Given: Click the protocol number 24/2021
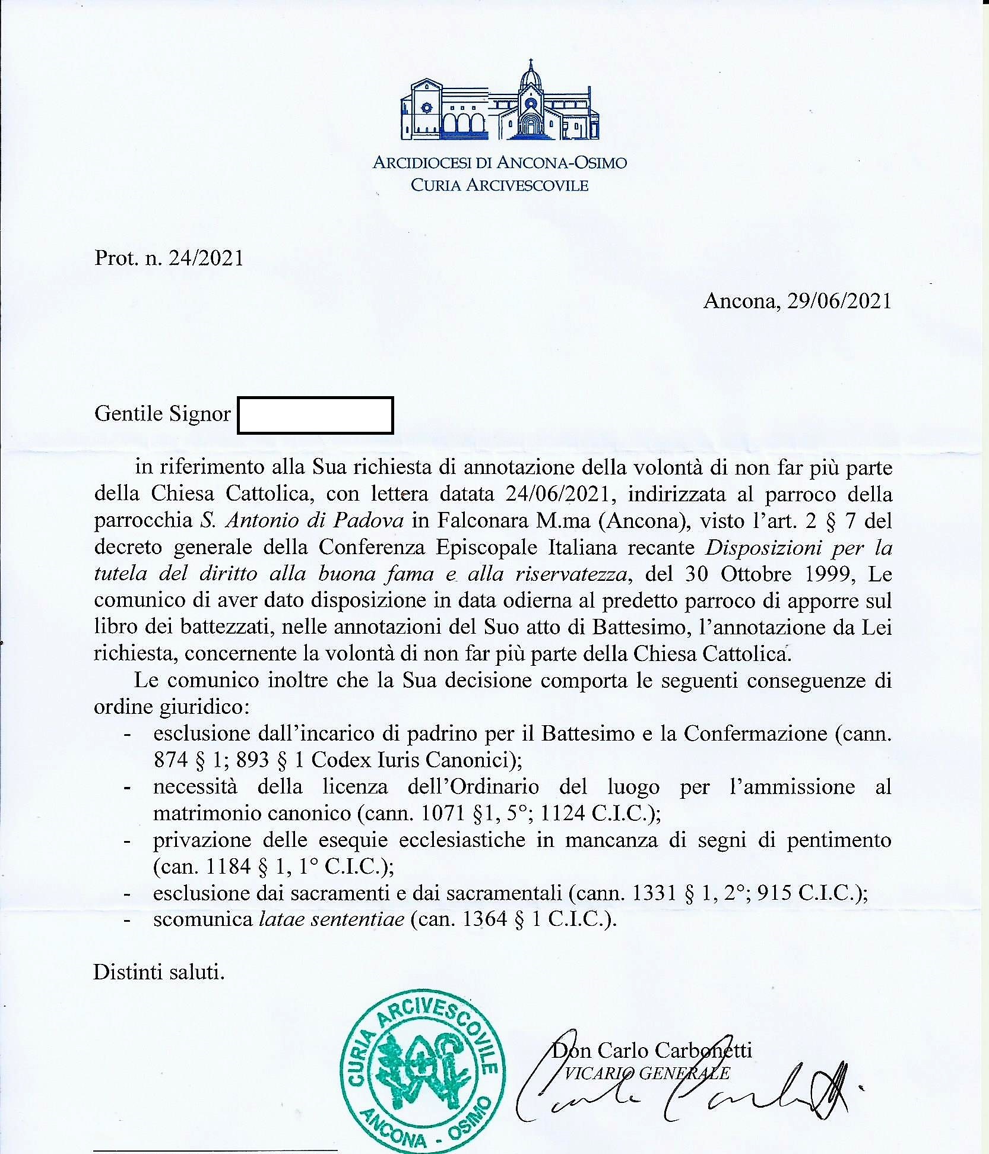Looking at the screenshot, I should [206, 258].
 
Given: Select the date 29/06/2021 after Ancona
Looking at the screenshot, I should [839, 302].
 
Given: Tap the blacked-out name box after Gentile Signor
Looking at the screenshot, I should [315, 415].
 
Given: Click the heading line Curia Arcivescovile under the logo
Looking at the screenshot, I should [499, 185].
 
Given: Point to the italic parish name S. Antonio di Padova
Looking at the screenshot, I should [302, 521].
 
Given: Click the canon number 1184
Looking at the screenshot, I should [229, 867].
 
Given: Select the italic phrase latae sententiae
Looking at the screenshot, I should [332, 919].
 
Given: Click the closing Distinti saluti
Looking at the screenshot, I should [159, 972].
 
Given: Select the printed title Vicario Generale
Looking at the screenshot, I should [646, 1073].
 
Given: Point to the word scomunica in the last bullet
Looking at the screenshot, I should [202, 919].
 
